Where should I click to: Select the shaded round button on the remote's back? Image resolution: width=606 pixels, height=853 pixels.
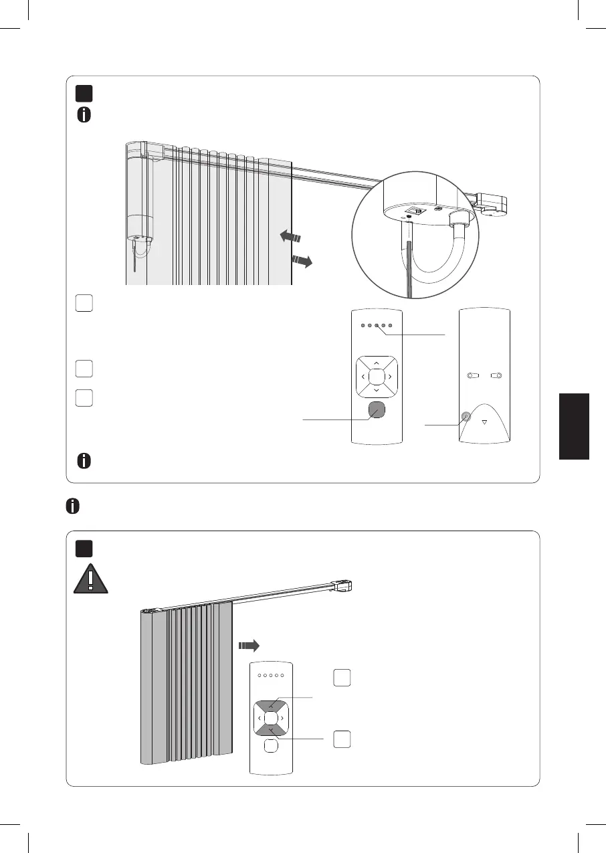click(x=466, y=419)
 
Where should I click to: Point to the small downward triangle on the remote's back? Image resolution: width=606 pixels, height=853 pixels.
click(x=485, y=421)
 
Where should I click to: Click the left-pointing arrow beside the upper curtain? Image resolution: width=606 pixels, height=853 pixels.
click(x=290, y=236)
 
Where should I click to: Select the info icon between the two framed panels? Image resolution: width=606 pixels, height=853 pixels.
click(x=73, y=506)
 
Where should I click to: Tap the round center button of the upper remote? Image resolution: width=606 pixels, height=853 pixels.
click(x=376, y=376)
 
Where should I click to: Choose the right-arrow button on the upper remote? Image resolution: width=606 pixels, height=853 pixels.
click(x=389, y=376)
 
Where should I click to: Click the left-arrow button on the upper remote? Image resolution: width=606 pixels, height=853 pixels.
click(x=363, y=376)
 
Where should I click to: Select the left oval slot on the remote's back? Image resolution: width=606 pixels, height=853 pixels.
click(x=474, y=376)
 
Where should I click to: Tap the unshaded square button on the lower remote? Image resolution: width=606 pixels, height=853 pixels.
click(x=270, y=745)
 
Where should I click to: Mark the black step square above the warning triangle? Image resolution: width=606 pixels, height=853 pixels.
click(x=84, y=548)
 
